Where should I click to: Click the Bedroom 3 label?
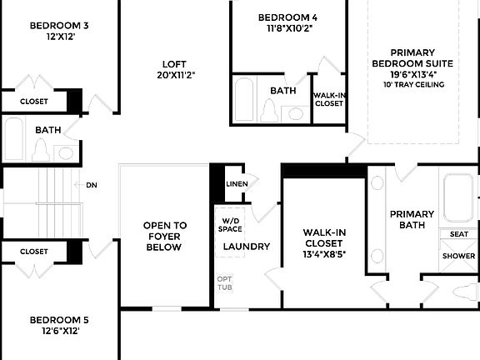pos(59,26)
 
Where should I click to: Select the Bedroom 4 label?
pos(287,17)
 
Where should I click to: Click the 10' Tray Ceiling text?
pos(414,84)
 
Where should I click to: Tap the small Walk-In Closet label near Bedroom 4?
pos(328,99)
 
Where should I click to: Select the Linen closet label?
pos(237,183)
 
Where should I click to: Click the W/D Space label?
pos(231,223)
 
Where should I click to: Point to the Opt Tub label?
pos(225,283)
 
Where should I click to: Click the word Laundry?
pos(247,247)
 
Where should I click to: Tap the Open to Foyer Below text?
pos(165,236)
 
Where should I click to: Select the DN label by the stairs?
pos(91,185)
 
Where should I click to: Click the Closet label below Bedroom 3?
pos(34,102)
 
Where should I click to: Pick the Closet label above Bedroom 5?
pos(34,251)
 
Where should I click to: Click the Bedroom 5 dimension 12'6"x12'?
pos(59,331)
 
